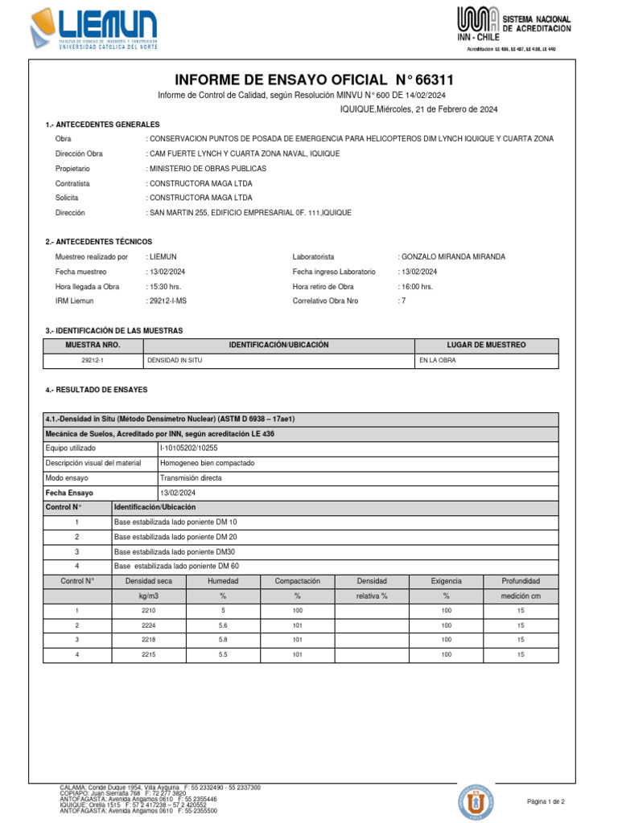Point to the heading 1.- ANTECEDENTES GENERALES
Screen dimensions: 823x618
[103, 125]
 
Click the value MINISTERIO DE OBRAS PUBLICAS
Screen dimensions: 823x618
[207, 169]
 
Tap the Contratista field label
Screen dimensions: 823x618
[72, 183]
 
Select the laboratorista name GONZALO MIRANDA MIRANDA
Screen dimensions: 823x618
[453, 257]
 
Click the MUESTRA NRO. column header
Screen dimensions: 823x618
[93, 345]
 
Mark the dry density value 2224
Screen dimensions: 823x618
[148, 624]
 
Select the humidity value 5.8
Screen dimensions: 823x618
[223, 640]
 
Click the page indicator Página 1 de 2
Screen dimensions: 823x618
[546, 801]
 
